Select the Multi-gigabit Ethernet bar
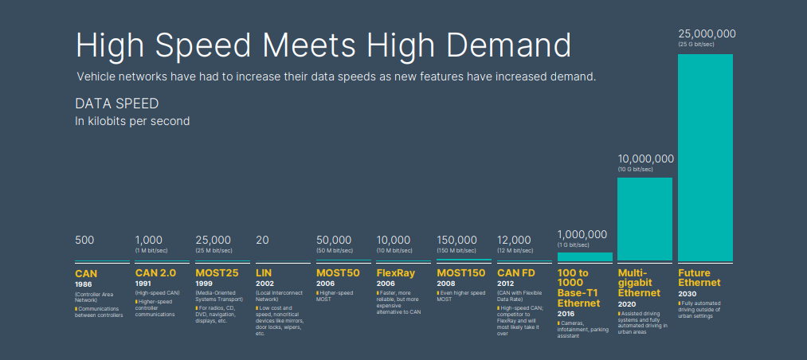click(x=644, y=219)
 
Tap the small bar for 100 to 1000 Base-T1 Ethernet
click(x=585, y=256)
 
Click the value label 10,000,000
click(x=646, y=158)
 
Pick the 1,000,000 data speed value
click(x=582, y=234)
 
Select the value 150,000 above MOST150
click(x=456, y=240)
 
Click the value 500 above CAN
click(x=84, y=240)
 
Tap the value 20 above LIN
click(x=263, y=240)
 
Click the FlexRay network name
click(x=395, y=273)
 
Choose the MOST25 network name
click(x=217, y=273)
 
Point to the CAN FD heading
click(x=516, y=273)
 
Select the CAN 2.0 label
click(x=155, y=273)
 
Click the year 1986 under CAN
click(x=84, y=284)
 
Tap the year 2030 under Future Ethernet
click(x=687, y=293)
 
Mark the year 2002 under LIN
click(x=264, y=284)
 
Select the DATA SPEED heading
click(x=116, y=104)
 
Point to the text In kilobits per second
click(x=132, y=121)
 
